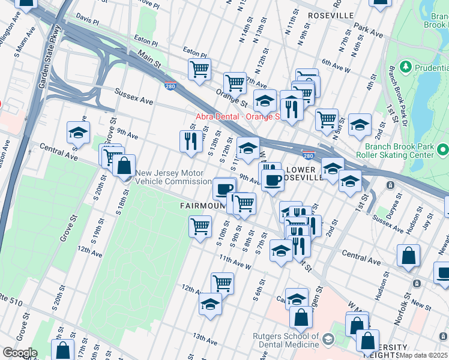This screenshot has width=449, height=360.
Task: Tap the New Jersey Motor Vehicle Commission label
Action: (x=173, y=177)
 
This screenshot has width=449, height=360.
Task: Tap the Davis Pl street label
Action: (x=88, y=20)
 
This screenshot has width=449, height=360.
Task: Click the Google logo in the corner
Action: (x=20, y=353)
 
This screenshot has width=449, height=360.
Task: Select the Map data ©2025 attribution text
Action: (x=424, y=355)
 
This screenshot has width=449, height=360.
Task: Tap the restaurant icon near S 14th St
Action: (x=190, y=140)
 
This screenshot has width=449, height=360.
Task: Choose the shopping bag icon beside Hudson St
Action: (x=408, y=255)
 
